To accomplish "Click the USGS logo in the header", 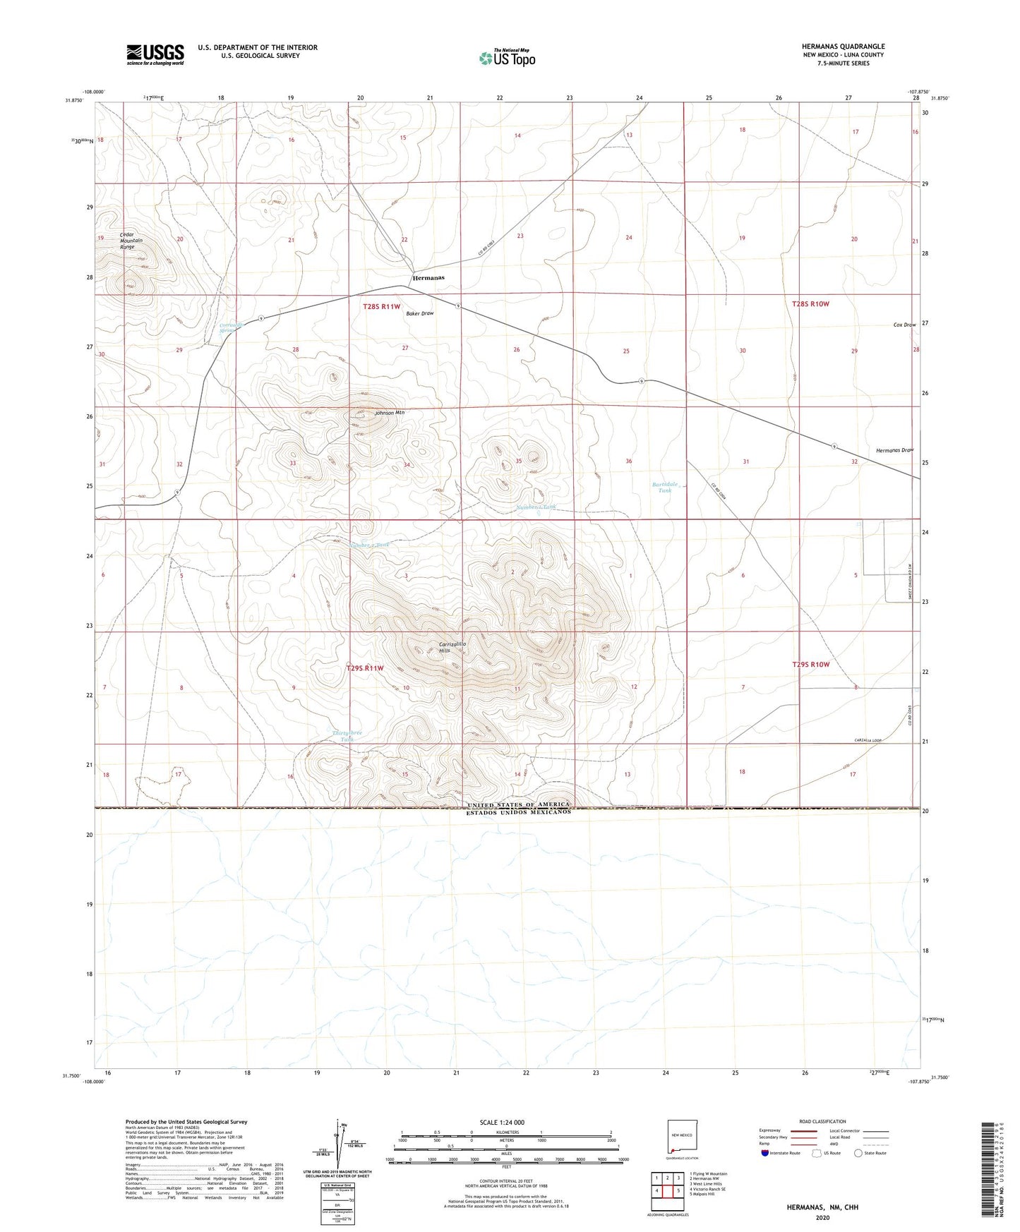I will point(155,54).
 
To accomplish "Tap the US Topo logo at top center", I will point(507,58).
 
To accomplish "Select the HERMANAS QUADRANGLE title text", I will point(843,47).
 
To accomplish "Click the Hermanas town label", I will point(428,278).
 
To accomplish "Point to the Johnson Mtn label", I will point(389,413).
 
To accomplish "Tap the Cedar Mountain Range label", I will point(131,241).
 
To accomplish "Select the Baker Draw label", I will point(420,313).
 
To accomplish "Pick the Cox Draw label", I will point(904,325).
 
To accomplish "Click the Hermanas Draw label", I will point(894,450).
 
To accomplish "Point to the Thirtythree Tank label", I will point(347,736).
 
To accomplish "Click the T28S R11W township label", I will point(381,307).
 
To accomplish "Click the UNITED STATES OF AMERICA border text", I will point(518,805).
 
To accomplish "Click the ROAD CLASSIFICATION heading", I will point(822,1121).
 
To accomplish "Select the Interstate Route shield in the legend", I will point(766,1154).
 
